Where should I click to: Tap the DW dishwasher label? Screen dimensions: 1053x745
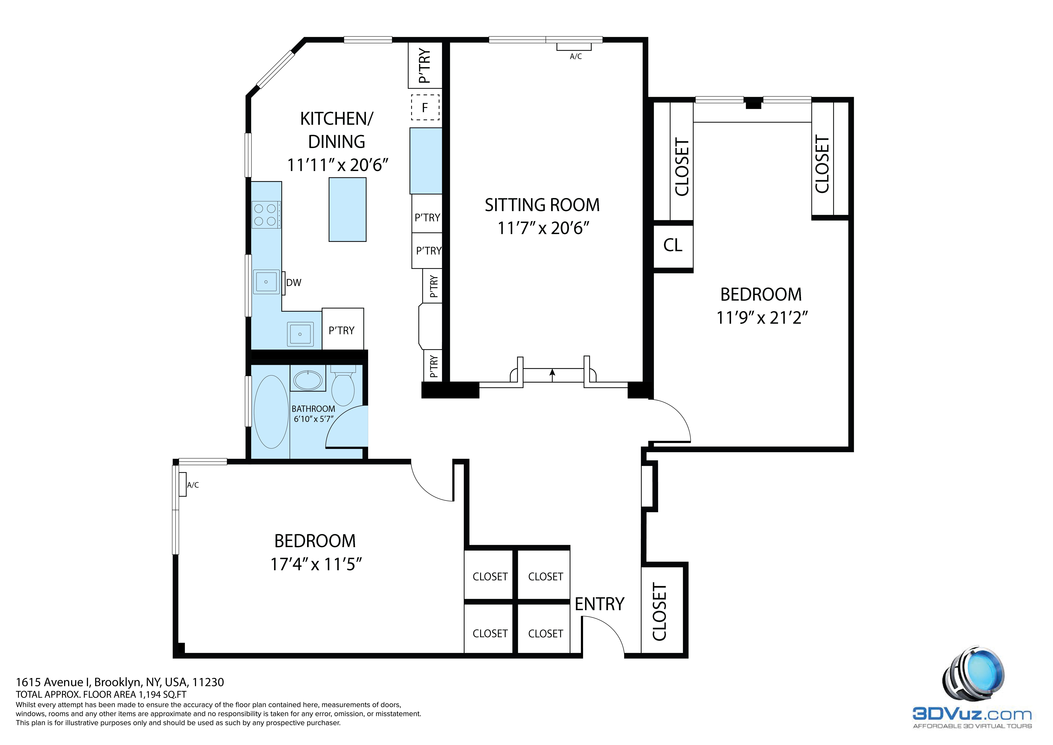[294, 283]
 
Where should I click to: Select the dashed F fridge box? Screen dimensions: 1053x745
[425, 107]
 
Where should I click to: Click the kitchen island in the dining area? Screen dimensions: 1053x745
[348, 210]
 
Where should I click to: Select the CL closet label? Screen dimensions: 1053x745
[673, 245]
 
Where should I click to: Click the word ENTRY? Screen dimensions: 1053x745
[599, 604]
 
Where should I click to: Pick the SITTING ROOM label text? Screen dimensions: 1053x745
[542, 205]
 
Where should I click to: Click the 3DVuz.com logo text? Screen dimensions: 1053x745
[971, 714]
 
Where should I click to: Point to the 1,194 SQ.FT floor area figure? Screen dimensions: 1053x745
[163, 695]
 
